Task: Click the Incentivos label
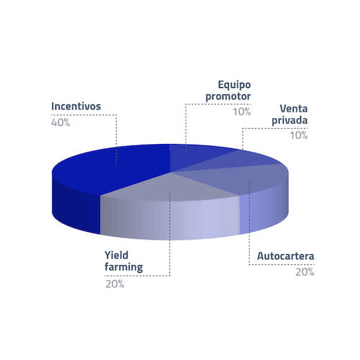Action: tap(76, 107)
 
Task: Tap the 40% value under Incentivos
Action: tap(60, 122)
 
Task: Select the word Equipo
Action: tap(234, 85)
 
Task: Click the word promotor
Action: tap(228, 96)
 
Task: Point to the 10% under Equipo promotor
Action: tap(242, 112)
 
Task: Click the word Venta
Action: tap(294, 109)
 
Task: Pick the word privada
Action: tap(289, 120)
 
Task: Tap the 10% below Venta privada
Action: tap(299, 135)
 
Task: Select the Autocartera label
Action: tap(285, 256)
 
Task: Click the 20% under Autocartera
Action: tap(305, 272)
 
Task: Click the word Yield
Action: tap(116, 255)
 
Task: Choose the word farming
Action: tap(124, 267)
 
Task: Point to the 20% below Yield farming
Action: tap(114, 284)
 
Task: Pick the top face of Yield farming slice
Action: tap(168, 187)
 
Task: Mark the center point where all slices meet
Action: tap(170, 172)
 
